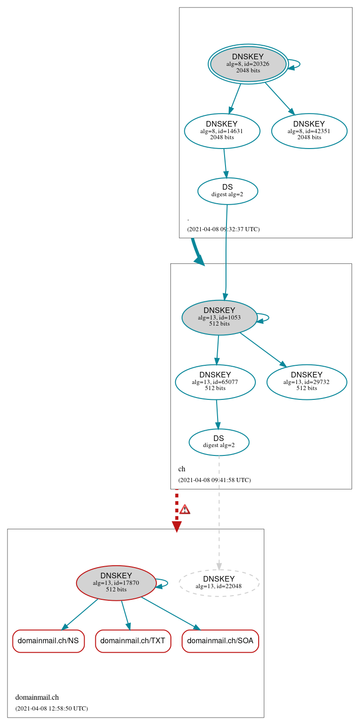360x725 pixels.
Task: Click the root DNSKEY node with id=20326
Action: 248,64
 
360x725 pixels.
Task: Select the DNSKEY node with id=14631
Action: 222,131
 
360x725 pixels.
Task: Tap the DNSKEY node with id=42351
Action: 309,131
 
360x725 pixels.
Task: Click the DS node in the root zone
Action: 227,191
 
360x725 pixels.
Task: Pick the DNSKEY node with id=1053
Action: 219,318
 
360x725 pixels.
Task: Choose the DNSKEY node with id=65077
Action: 215,382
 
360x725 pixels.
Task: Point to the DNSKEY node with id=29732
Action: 306,382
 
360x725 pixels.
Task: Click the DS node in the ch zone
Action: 219,442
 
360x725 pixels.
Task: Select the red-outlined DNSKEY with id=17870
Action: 116,583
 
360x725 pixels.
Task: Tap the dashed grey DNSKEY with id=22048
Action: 219,583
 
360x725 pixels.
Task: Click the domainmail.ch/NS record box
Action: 48,641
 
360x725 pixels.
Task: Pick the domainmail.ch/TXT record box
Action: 133,641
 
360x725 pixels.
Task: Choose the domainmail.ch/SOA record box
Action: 220,641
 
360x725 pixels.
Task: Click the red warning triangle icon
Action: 185,509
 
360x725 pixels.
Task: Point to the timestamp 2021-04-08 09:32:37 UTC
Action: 223,229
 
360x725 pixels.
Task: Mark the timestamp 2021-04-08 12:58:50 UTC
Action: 51,709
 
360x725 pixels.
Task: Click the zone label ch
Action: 182,469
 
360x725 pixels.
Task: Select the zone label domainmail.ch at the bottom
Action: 37,698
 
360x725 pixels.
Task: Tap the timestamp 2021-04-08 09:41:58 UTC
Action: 214,480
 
